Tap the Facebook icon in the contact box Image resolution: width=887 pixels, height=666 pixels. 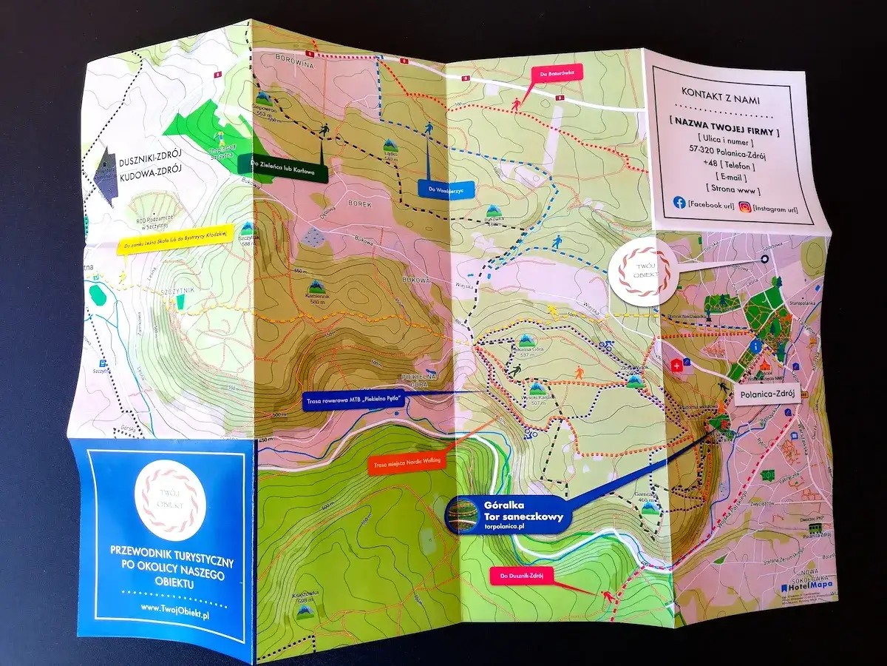pos(679,202)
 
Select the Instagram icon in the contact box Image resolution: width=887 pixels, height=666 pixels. pos(745,207)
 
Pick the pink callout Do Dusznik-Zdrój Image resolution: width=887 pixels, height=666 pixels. pos(523,574)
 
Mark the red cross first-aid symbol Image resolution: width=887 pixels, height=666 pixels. pos(676,365)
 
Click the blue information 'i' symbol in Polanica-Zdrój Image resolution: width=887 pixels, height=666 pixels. pos(755,346)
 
